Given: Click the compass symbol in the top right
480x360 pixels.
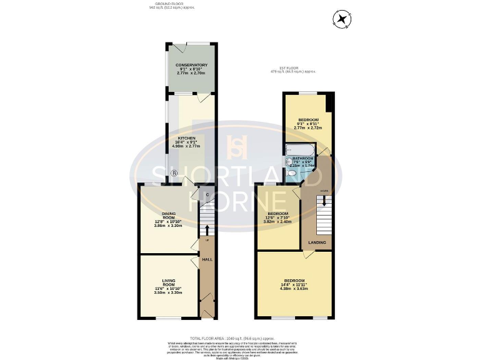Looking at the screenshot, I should [x=342, y=20].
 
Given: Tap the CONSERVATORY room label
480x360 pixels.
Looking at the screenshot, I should [x=192, y=65].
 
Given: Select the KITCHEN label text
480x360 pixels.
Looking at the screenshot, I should [x=187, y=138].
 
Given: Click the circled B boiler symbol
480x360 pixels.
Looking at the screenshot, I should [x=174, y=173].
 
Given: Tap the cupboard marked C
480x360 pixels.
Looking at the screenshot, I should [x=206, y=195].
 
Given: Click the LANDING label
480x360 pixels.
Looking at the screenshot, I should [x=316, y=243].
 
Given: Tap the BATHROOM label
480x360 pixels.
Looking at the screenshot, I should [x=302, y=159].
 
